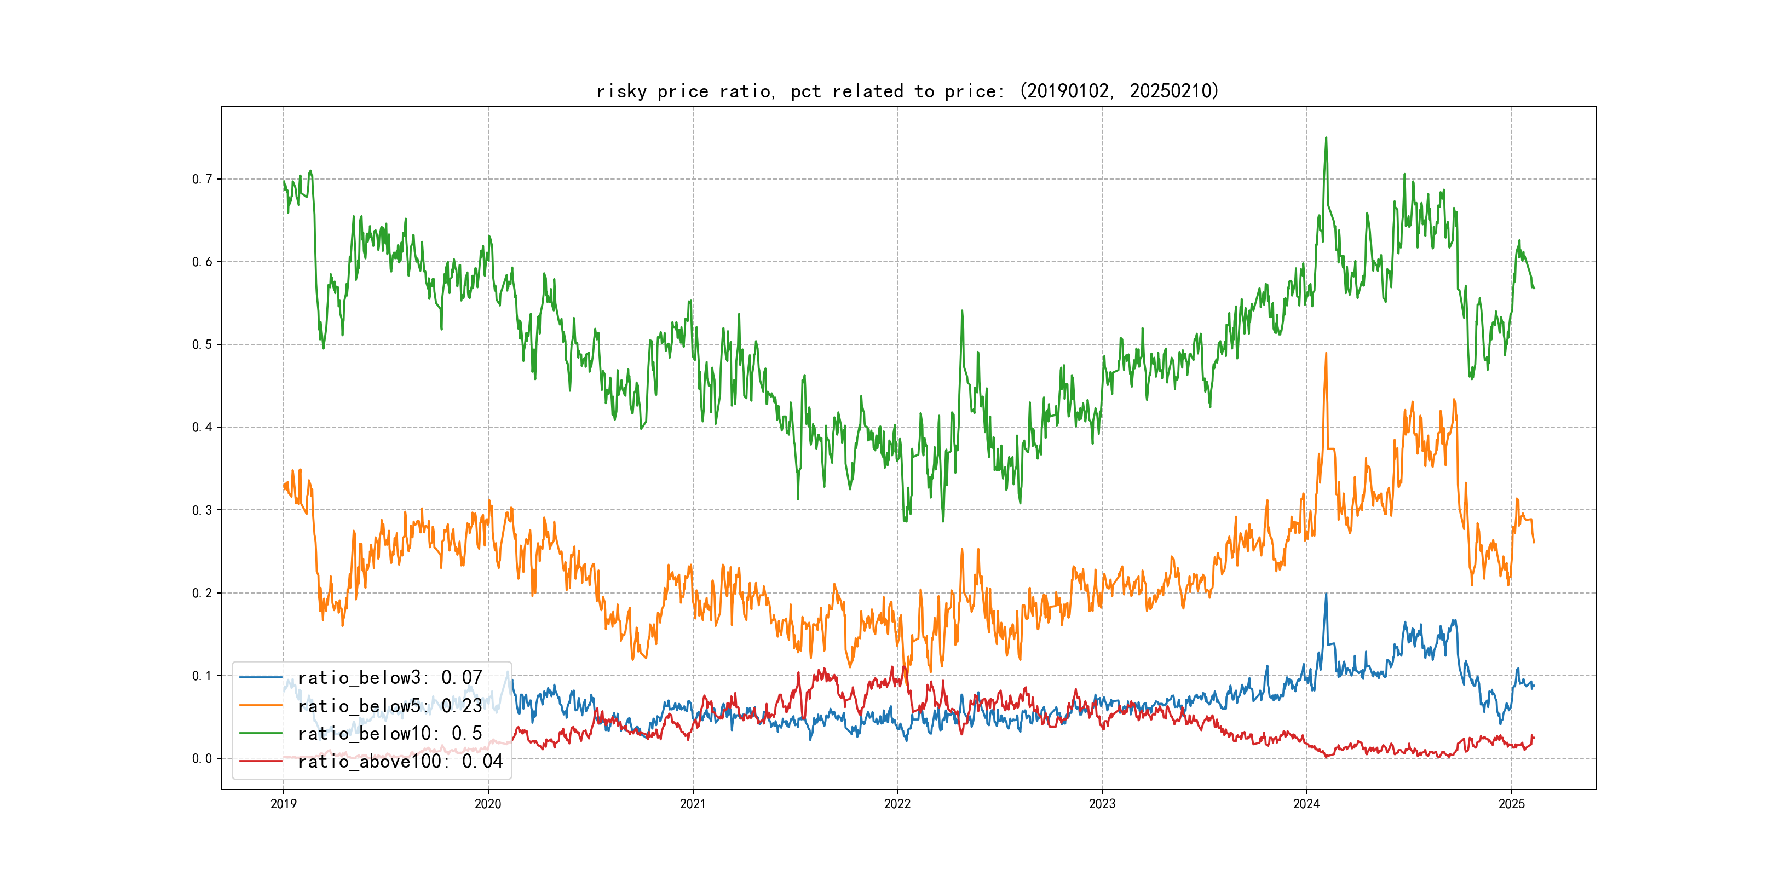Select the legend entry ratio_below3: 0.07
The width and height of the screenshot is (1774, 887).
pos(390,678)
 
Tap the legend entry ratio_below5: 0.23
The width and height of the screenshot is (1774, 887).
pos(390,706)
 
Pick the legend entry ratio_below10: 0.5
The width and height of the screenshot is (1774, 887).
pos(390,734)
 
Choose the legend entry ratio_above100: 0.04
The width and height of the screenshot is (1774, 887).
pos(400,761)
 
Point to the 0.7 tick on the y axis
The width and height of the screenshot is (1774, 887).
pos(202,179)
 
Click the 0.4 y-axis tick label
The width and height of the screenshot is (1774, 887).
pos(202,427)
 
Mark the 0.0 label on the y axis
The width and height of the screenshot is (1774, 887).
pos(202,758)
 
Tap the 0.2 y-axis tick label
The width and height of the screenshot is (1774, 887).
pos(202,593)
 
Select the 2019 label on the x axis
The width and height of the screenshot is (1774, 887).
pos(283,804)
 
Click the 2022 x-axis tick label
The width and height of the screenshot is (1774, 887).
pos(897,804)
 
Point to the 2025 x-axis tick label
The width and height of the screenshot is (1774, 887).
pos(1512,804)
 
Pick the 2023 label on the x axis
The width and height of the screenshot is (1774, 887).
pos(1102,804)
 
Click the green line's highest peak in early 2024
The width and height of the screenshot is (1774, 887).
pos(1326,138)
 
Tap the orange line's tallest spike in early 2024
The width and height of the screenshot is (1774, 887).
pos(1326,353)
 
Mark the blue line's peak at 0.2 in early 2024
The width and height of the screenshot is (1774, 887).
pos(1326,594)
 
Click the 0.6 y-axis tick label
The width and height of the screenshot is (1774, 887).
pos(202,262)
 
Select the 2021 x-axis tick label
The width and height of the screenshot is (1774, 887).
pos(693,804)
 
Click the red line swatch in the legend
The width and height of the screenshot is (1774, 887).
pos(260,761)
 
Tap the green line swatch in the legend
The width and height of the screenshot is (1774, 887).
pos(260,734)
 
